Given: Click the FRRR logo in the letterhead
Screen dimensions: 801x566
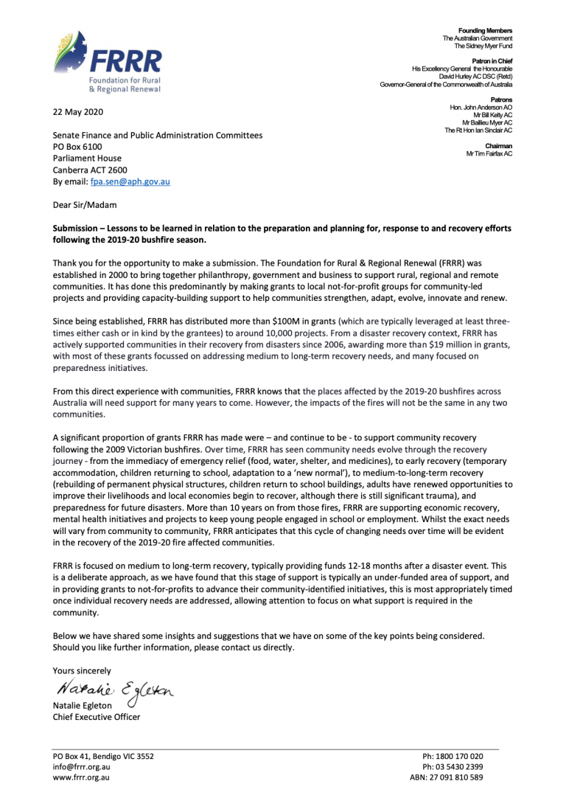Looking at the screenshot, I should coord(107,62).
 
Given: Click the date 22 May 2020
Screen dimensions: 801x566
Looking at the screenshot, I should coord(78,112).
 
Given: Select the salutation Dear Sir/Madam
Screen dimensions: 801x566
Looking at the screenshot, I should coord(84,204).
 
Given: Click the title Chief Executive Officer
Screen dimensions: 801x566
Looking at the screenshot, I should coord(96,716).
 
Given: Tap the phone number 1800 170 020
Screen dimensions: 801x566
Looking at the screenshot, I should coord(461,756).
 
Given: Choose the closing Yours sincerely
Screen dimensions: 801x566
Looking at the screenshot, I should coord(82,670).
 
